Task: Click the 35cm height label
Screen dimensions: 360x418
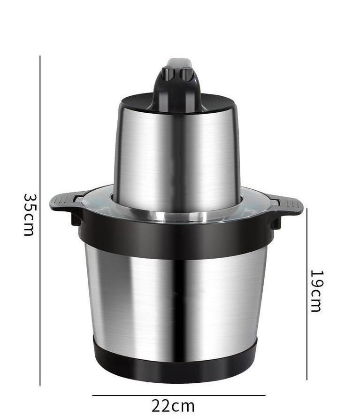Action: click(x=29, y=215)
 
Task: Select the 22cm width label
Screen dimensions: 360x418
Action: click(x=173, y=406)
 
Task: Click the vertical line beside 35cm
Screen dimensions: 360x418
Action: click(x=40, y=220)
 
